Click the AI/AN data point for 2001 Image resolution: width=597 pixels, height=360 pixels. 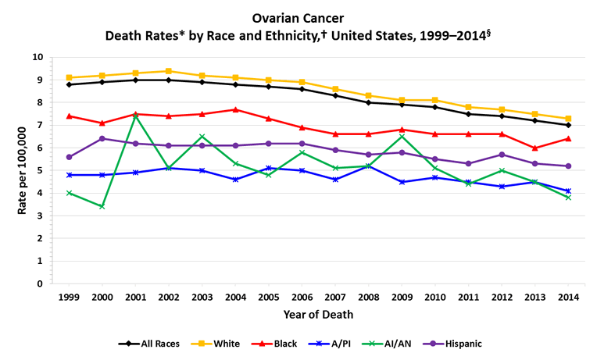[136, 116]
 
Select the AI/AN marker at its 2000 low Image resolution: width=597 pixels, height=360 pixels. [102, 207]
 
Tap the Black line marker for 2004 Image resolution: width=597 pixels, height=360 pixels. [236, 109]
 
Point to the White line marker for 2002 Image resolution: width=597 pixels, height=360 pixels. [170, 71]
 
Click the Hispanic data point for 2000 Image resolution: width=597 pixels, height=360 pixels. [102, 138]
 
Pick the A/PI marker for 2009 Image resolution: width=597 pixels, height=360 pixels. [402, 182]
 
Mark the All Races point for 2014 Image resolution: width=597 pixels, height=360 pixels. [569, 125]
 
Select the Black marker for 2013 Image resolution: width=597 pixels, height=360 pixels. [535, 148]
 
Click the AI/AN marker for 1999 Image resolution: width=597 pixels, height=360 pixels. [70, 193]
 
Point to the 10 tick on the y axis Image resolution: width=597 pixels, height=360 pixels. [38, 57]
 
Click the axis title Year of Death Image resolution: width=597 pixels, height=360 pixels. [318, 315]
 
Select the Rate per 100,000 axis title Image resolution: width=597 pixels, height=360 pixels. [22, 170]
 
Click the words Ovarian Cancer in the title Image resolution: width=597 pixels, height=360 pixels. [298, 16]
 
